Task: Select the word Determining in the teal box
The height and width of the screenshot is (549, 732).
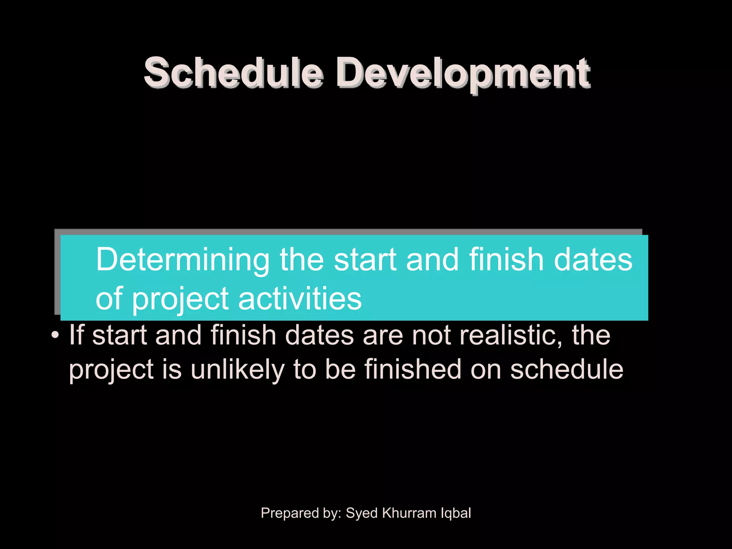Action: (x=182, y=260)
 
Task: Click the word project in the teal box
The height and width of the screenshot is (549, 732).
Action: (x=180, y=300)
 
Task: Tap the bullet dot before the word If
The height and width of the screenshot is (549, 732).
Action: (x=55, y=336)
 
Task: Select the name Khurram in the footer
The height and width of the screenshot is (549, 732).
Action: (x=409, y=513)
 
